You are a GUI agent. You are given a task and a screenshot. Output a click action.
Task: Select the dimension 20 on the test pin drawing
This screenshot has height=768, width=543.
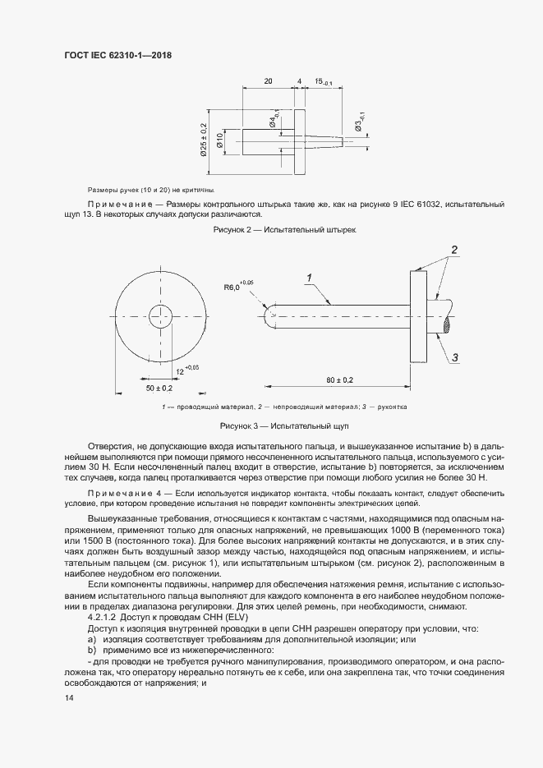268,81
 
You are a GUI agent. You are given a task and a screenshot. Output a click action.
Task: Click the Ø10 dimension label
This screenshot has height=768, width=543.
219,141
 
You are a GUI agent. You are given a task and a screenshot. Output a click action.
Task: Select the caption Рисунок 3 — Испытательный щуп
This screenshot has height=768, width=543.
284,427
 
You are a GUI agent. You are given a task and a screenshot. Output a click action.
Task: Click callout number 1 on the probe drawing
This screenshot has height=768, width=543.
311,279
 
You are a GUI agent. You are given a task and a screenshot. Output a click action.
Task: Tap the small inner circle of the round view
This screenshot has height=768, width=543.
158,313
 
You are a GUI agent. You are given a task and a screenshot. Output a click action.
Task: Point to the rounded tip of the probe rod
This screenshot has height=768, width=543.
269,313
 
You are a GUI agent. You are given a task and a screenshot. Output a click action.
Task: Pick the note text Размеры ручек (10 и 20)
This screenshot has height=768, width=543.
144,189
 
